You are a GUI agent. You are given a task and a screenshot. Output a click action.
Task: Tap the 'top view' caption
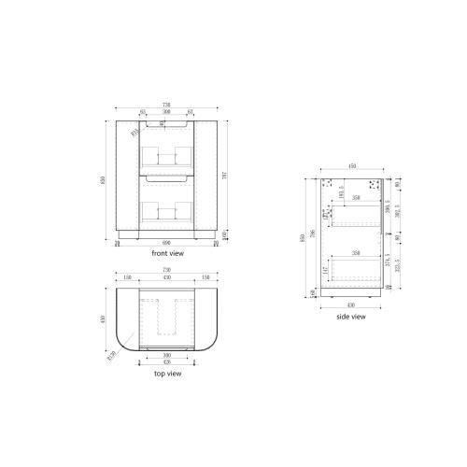coord(166,374)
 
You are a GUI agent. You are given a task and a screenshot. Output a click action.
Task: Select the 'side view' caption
coord(351,317)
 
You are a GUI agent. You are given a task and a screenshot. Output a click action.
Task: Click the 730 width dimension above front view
coord(166,105)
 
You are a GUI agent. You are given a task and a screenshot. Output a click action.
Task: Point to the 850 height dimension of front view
coord(106,179)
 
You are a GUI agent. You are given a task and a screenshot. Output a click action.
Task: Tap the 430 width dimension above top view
coord(166,277)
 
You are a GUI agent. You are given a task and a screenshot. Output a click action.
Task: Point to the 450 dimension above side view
coord(352,165)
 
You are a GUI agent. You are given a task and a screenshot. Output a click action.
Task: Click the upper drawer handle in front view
coord(166,122)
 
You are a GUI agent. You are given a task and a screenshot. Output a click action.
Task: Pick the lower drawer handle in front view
coord(166,176)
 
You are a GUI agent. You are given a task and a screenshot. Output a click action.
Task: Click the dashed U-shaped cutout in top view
coord(166,317)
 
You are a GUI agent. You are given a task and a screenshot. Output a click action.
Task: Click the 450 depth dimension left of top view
coord(106,318)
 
